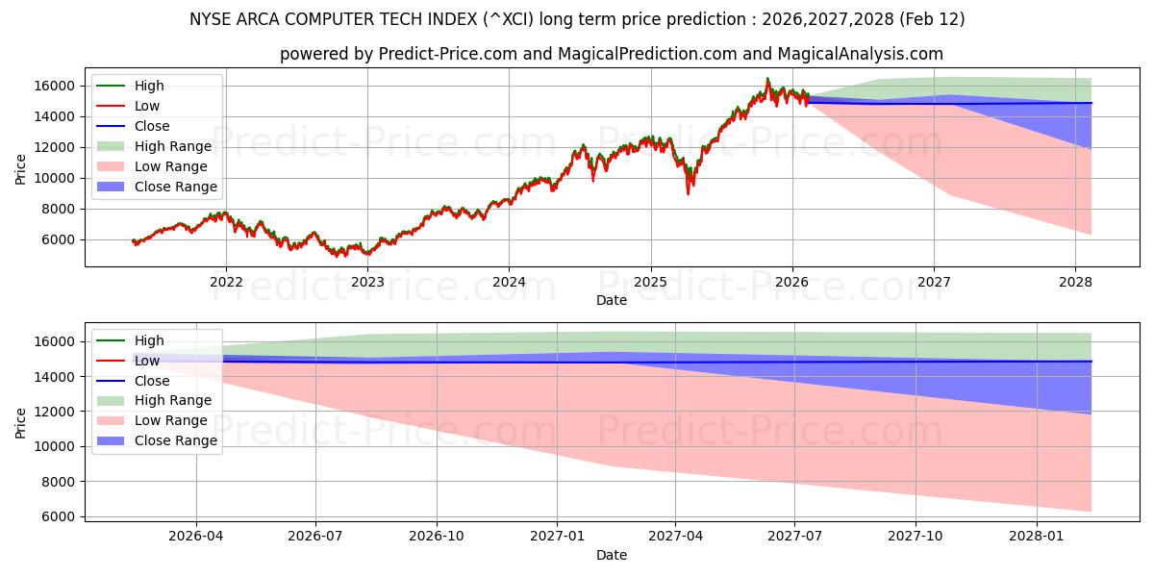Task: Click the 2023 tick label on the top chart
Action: [367, 282]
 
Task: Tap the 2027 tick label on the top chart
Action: [934, 282]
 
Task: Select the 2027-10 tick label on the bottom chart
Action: [916, 536]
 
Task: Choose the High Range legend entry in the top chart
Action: [172, 146]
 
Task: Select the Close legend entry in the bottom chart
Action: [152, 381]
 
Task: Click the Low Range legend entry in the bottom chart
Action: [170, 420]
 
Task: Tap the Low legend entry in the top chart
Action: [147, 106]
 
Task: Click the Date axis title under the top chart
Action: [611, 300]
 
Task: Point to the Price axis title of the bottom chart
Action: [21, 422]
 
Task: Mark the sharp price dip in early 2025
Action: [688, 192]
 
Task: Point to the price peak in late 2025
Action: [767, 79]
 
